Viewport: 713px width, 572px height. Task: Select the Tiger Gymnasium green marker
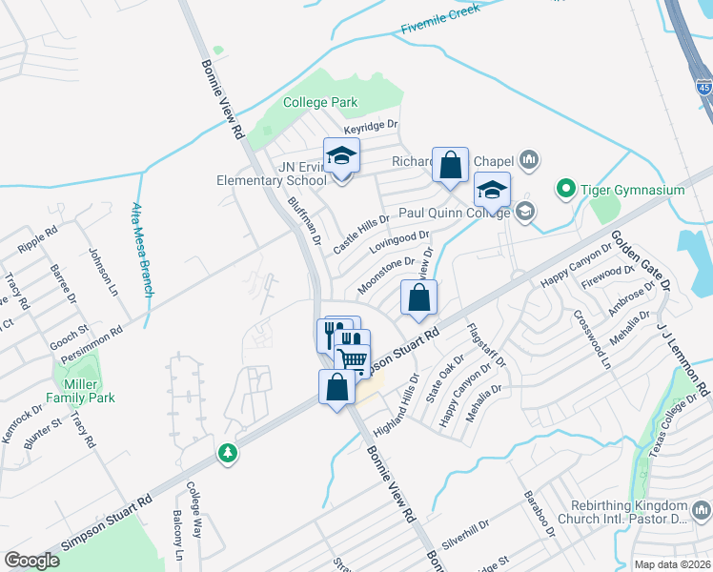point(564,190)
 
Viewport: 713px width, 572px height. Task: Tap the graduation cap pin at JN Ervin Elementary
point(341,156)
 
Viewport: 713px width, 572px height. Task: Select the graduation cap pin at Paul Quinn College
point(493,190)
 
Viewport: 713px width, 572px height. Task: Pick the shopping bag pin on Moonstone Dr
point(418,298)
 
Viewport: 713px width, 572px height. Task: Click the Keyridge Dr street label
point(371,124)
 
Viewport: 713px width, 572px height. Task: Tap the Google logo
point(31,561)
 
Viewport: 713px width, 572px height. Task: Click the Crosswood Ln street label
point(590,338)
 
